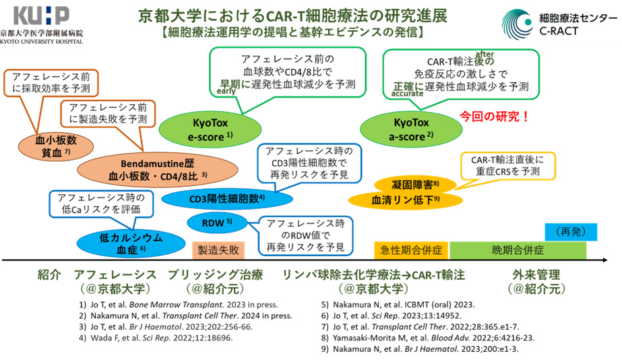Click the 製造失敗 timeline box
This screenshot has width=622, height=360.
[x=218, y=249]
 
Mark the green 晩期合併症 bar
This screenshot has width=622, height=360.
[x=518, y=250]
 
